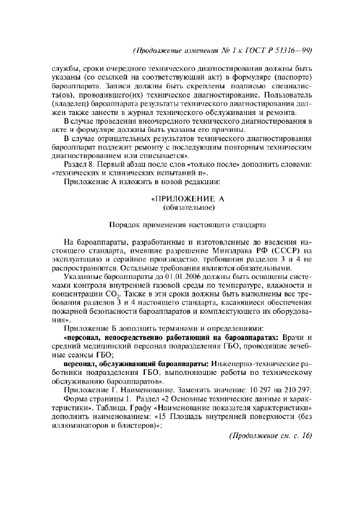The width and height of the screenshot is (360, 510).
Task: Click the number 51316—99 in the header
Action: [x=292, y=50]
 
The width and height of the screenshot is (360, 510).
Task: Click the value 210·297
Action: [x=297, y=390]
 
